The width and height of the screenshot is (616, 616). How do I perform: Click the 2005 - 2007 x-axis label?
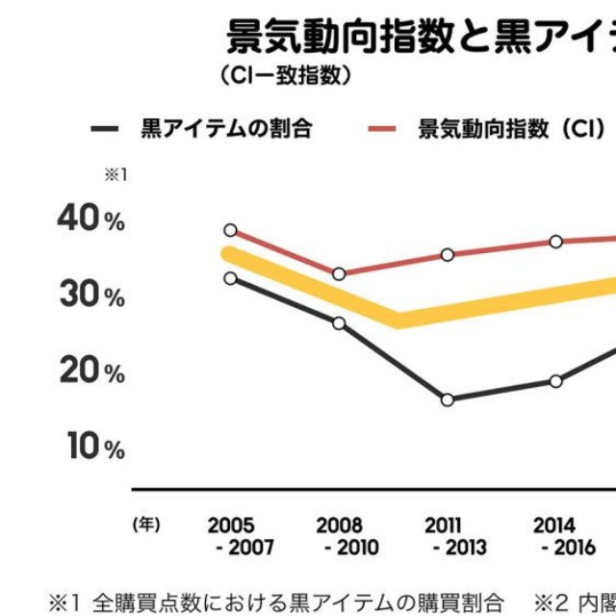pos(231,537)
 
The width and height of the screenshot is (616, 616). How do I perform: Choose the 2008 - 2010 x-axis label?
pos(340,537)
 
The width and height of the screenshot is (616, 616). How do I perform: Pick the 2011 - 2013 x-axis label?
pos(449,537)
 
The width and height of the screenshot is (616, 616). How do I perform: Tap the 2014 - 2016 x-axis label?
pos(555,537)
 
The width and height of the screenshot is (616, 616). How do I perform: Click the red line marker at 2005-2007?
pos(230,230)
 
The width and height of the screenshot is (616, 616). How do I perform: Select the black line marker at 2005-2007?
pos(230,278)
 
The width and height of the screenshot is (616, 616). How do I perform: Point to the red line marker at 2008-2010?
pos(339,274)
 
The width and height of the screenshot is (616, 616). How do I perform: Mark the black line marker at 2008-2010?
pos(339,322)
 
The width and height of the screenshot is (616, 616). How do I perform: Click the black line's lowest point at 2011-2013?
pos(448,399)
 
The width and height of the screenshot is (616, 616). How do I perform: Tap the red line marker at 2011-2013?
pos(448,255)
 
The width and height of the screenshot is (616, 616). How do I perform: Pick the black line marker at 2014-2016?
pos(556,381)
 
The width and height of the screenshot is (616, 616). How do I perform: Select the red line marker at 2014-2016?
pos(556,242)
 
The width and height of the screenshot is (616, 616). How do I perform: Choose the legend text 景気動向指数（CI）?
pos(510,129)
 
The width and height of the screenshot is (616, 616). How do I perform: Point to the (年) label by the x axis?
pos(146,526)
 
